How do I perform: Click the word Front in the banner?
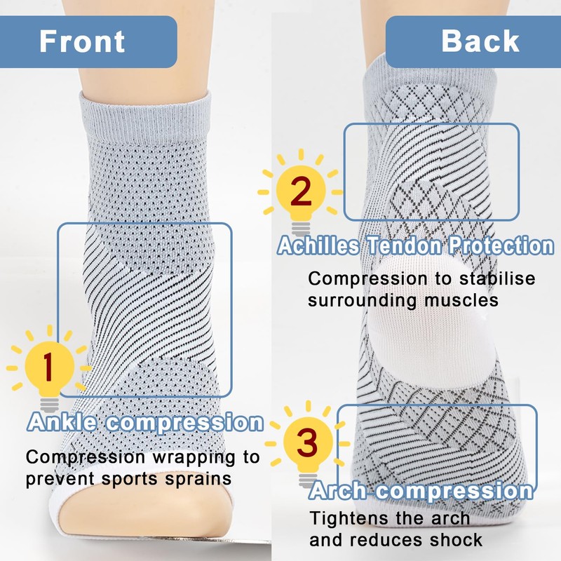(x=82, y=41)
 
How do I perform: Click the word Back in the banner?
(x=480, y=41)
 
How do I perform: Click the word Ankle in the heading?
(x=65, y=423)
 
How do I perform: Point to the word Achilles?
(x=319, y=246)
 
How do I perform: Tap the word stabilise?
(x=495, y=278)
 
